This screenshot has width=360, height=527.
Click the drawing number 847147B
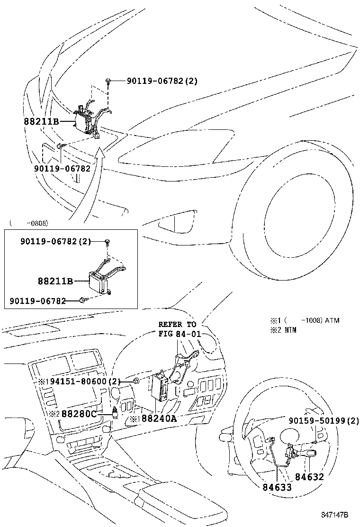tap(334, 515)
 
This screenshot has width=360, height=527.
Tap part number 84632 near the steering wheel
tap(309, 476)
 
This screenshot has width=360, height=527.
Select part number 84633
tap(277, 487)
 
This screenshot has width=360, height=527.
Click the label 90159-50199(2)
tap(324, 420)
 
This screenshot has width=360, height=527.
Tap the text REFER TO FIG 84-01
tap(180, 329)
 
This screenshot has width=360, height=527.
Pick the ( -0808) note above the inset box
tap(29, 223)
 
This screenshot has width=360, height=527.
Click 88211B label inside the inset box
tap(55, 281)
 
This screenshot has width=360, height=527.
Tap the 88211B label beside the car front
tap(41, 121)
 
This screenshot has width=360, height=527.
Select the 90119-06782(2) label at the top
tap(162, 81)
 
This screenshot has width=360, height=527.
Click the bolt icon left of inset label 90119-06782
tap(83, 300)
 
